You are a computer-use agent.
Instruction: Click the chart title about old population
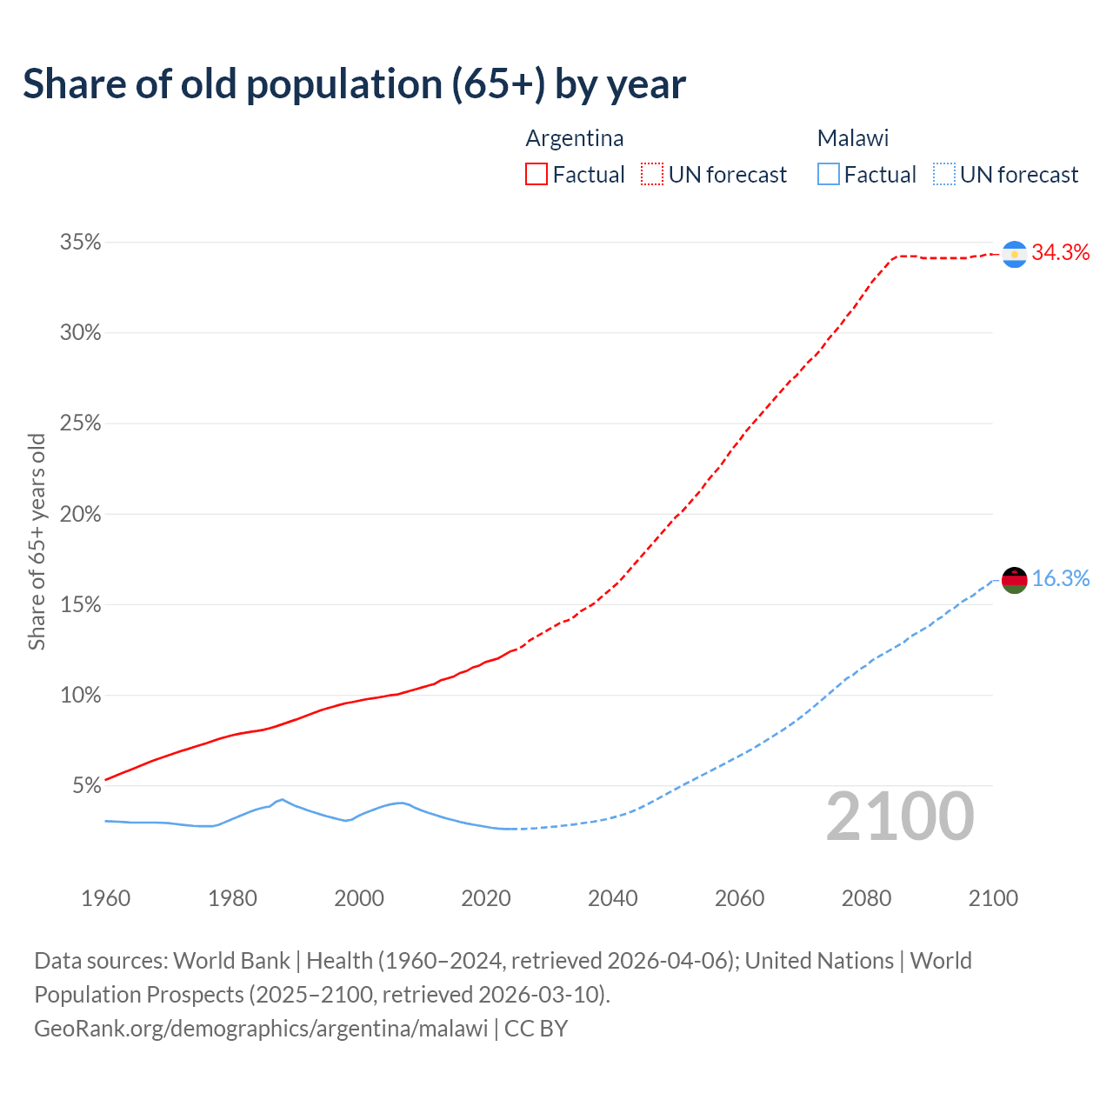(354, 84)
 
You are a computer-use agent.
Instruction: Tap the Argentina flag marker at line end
(1014, 254)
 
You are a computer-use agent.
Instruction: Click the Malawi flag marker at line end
(1014, 579)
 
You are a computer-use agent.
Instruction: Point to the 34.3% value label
(1060, 253)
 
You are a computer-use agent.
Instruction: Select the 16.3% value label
(1060, 579)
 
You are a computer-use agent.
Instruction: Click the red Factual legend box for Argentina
(537, 175)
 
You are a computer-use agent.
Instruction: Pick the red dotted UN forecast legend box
(652, 175)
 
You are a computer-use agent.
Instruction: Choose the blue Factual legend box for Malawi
(828, 175)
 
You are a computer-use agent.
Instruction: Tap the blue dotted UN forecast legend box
(943, 175)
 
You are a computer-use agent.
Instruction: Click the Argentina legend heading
(574, 138)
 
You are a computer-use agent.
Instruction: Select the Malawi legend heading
(852, 138)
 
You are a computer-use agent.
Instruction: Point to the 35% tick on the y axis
(80, 243)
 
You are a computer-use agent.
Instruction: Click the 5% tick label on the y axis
(86, 786)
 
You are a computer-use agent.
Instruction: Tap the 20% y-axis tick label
(80, 515)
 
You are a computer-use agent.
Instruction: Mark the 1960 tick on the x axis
(105, 898)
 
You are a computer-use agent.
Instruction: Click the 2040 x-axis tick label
(612, 898)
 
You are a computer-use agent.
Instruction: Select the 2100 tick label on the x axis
(993, 898)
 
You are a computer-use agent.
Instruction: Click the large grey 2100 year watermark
(900, 816)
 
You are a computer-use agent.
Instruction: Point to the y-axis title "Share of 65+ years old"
(37, 542)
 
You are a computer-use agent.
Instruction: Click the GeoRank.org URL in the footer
(261, 1029)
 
